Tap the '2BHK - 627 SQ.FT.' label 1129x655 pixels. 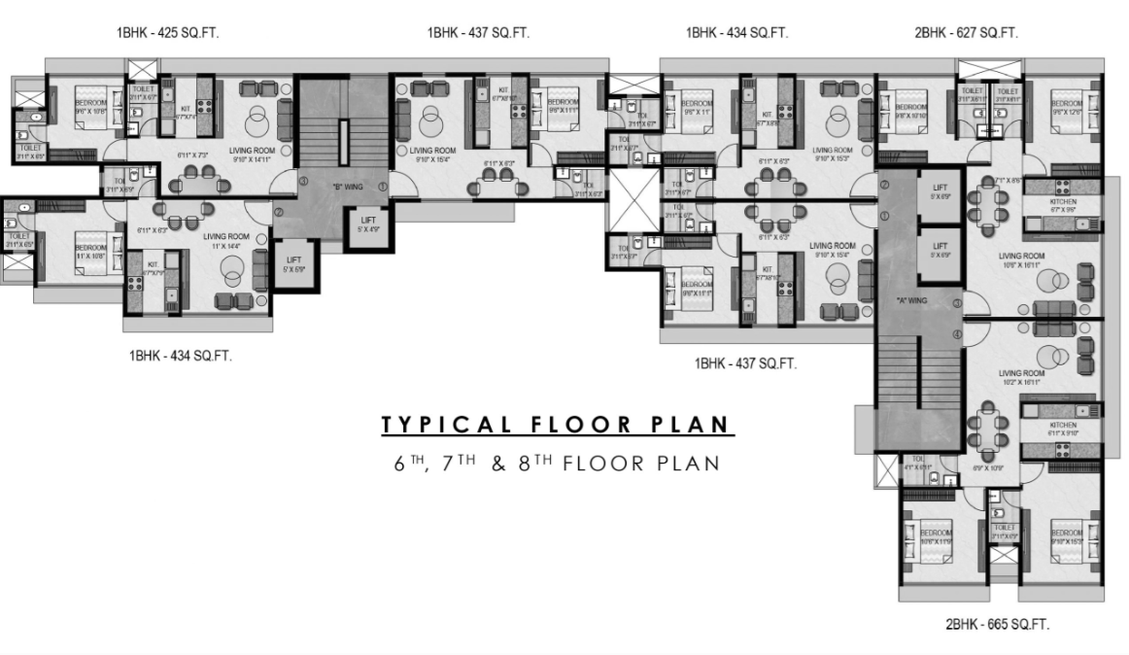tap(966, 33)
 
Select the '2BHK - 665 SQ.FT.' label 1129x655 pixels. tap(997, 625)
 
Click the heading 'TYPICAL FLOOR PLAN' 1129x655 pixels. tap(558, 425)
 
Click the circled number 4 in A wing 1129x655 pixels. tap(957, 335)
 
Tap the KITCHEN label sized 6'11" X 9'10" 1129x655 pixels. tap(1063, 429)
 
